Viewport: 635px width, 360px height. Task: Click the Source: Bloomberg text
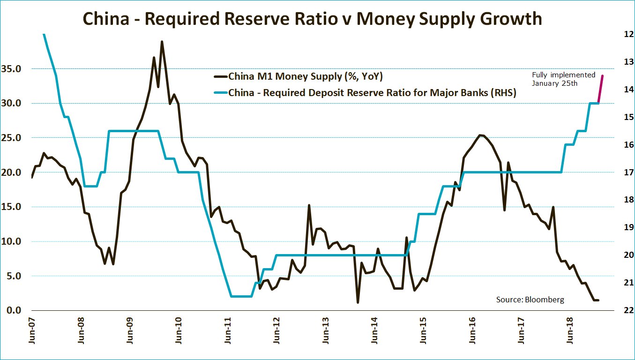530,299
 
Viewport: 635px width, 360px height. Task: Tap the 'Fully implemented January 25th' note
563,79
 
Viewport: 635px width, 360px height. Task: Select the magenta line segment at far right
600,89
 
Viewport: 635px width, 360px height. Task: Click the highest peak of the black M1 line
162,42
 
